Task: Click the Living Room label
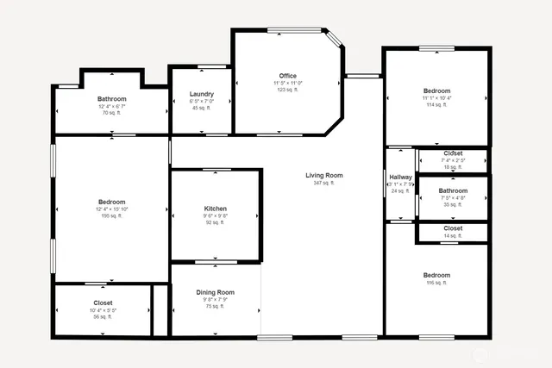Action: pyautogui.click(x=323, y=176)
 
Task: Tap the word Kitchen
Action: pyautogui.click(x=215, y=209)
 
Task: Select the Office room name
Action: pyautogui.click(x=287, y=76)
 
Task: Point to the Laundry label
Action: pyautogui.click(x=202, y=94)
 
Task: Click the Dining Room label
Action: pyautogui.click(x=216, y=293)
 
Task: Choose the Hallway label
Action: pyautogui.click(x=400, y=177)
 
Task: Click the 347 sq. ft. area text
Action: pyautogui.click(x=323, y=184)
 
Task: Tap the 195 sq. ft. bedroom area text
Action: pyautogui.click(x=111, y=216)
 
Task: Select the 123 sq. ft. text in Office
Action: pyautogui.click(x=287, y=90)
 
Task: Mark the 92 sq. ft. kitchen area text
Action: pyautogui.click(x=215, y=223)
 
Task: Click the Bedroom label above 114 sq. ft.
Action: pyautogui.click(x=436, y=90)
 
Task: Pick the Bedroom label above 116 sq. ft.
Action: pyautogui.click(x=436, y=276)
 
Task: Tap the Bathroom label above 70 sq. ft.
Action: pyautogui.click(x=111, y=99)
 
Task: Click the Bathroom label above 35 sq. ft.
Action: pyautogui.click(x=453, y=190)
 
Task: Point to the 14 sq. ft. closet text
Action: pyautogui.click(x=453, y=235)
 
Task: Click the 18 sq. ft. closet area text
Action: pyautogui.click(x=453, y=167)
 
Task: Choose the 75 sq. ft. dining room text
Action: pyautogui.click(x=216, y=307)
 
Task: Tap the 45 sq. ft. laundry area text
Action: pyautogui.click(x=202, y=108)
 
